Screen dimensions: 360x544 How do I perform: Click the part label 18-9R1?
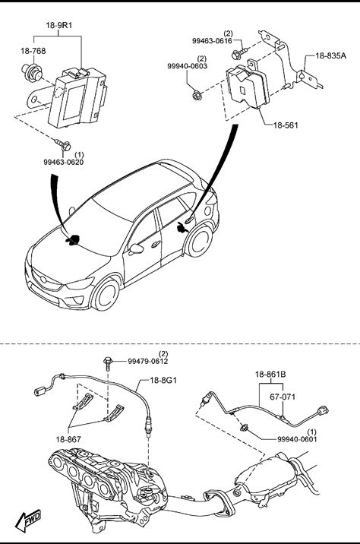59,25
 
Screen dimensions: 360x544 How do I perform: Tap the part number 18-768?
33,51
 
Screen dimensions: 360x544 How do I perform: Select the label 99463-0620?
64,162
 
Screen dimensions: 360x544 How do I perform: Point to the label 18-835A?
330,55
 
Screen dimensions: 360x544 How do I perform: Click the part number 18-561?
286,125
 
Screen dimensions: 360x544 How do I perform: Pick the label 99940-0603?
188,66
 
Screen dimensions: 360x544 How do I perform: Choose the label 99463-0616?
212,40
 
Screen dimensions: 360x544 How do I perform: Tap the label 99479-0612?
148,361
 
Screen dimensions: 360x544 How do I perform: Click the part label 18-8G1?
163,380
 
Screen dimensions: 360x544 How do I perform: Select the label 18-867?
68,439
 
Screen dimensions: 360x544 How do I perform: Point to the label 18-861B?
270,375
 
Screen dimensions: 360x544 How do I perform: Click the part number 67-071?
283,397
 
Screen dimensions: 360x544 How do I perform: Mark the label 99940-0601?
297,439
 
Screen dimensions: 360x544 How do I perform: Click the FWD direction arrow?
28,520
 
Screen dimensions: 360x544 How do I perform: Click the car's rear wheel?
199,240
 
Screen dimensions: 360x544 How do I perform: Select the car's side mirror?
136,248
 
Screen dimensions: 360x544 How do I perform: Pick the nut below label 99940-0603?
197,94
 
